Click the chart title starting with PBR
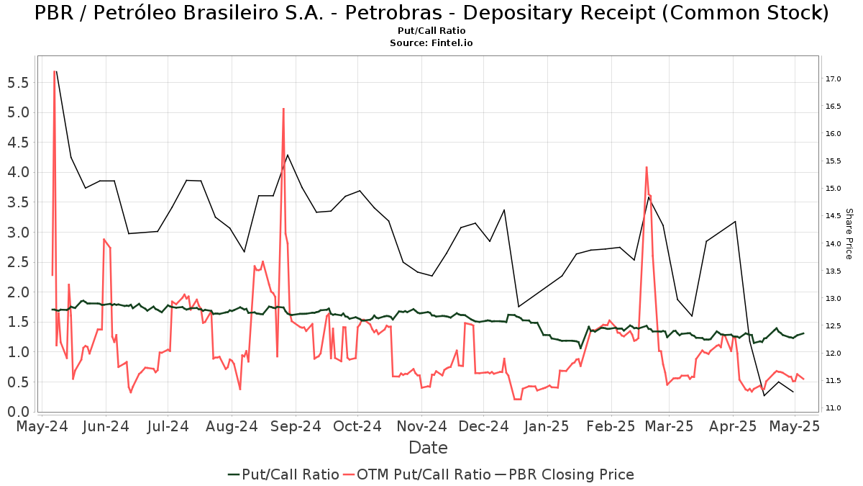431,13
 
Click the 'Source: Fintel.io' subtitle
431,43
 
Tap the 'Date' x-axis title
429,448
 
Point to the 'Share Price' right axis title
849,233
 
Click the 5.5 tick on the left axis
18,83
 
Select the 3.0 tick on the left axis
18,233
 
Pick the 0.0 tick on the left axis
18,412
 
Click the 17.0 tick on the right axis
834,78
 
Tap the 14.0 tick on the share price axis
834,243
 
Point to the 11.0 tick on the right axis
834,408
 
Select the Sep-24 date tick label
296,427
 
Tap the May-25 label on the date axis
795,427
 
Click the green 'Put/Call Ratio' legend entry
283,474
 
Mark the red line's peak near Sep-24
283,109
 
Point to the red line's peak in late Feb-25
647,167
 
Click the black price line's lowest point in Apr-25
764,395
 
